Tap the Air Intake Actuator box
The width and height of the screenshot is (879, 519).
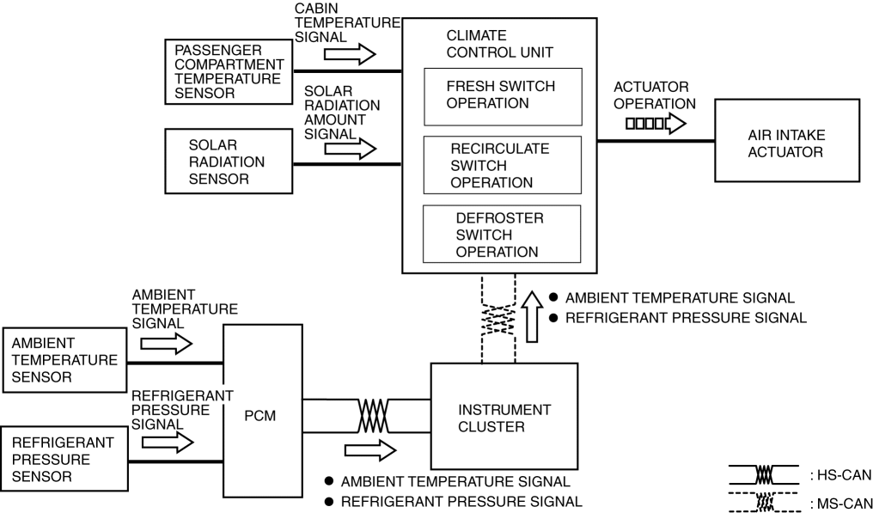coord(785,140)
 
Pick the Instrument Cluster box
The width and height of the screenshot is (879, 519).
coord(504,418)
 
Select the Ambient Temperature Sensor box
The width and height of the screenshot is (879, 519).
coord(64,360)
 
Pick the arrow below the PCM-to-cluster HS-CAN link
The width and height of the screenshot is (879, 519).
coord(369,449)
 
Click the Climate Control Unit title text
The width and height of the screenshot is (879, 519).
coord(499,44)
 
